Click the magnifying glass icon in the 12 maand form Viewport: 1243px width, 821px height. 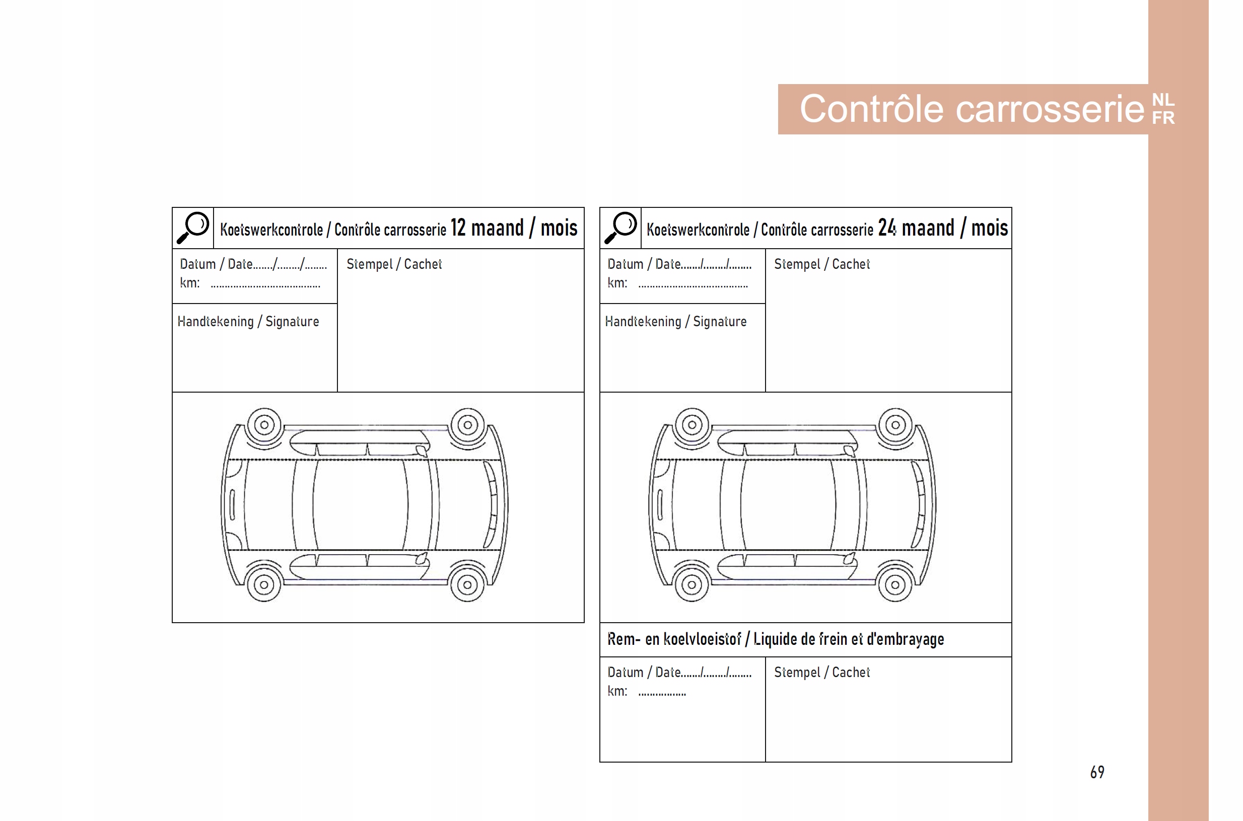click(x=193, y=228)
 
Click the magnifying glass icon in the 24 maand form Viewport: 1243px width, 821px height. click(x=620, y=228)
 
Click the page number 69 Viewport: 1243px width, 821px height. click(x=1097, y=772)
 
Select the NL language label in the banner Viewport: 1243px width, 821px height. click(x=1162, y=100)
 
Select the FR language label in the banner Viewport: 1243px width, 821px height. click(x=1163, y=118)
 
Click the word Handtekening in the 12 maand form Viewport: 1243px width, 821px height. click(x=215, y=322)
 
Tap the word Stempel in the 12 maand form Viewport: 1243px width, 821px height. click(x=369, y=264)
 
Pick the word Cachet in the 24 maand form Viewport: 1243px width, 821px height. click(x=851, y=264)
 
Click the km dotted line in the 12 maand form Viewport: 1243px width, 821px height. click(x=265, y=286)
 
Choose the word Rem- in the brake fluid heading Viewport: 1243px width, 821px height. click(x=624, y=639)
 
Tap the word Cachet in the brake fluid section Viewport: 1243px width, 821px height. click(x=851, y=673)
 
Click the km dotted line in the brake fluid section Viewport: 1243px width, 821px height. click(x=662, y=694)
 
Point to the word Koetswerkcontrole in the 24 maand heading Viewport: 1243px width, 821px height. click(x=698, y=230)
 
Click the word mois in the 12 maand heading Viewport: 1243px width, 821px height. click(x=559, y=229)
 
